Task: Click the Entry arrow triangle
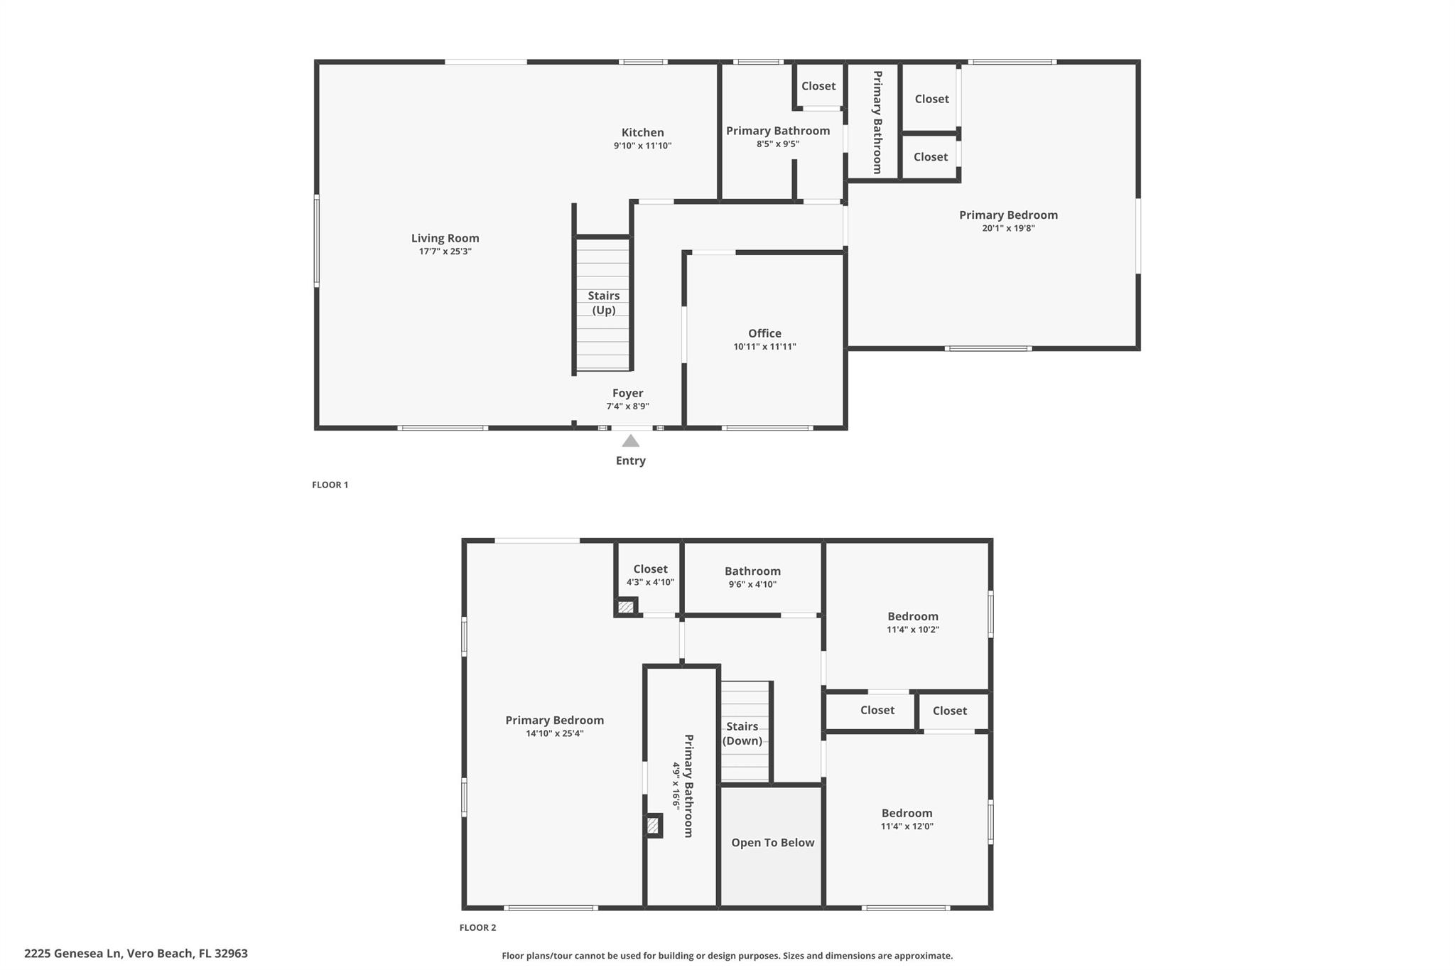pyautogui.click(x=630, y=441)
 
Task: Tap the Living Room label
pyautogui.click(x=445, y=238)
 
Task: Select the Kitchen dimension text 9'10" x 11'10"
pyautogui.click(x=643, y=146)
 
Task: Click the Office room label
pyautogui.click(x=764, y=333)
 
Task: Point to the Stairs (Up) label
pyautogui.click(x=604, y=303)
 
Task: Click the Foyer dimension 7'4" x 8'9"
pyautogui.click(x=627, y=406)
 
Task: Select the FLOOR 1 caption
pyautogui.click(x=330, y=485)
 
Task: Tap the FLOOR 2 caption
pyautogui.click(x=478, y=927)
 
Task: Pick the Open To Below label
pyautogui.click(x=773, y=843)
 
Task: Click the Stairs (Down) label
pyautogui.click(x=742, y=733)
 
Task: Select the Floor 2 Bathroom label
pyautogui.click(x=752, y=571)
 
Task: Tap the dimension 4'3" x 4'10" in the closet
pyautogui.click(x=650, y=583)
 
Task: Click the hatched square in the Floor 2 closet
pyautogui.click(x=626, y=607)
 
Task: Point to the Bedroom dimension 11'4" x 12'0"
pyautogui.click(x=907, y=826)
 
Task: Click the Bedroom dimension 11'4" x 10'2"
pyautogui.click(x=913, y=630)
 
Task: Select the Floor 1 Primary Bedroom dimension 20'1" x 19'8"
pyautogui.click(x=1008, y=228)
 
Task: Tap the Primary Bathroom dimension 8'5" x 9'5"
pyautogui.click(x=778, y=144)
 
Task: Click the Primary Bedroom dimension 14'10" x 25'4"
pyautogui.click(x=555, y=734)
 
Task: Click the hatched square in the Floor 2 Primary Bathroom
pyautogui.click(x=653, y=826)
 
